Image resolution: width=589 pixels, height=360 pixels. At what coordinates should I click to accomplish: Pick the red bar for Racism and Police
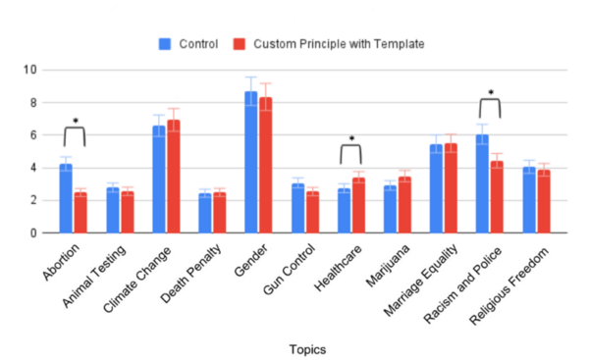[x=497, y=197]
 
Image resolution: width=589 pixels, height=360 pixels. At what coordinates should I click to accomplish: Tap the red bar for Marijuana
[x=404, y=205]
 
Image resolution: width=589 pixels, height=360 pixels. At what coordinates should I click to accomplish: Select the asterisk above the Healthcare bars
[x=350, y=139]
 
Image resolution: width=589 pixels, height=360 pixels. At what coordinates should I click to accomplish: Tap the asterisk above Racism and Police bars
[x=489, y=93]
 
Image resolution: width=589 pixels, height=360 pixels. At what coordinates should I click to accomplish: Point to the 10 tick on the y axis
[x=31, y=70]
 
